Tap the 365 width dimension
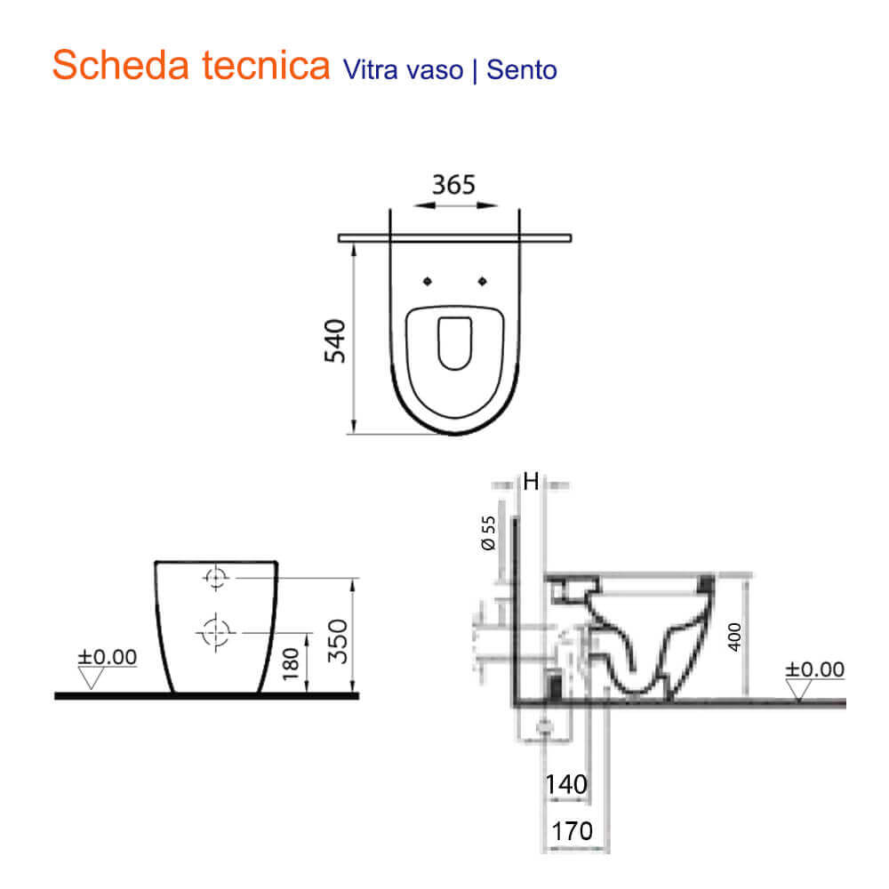(x=453, y=185)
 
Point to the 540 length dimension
(x=335, y=340)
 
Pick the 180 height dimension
(x=290, y=662)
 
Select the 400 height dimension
(x=734, y=637)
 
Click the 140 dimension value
(x=566, y=785)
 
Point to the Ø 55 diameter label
(x=488, y=532)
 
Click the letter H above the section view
(x=531, y=483)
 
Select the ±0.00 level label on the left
(x=108, y=658)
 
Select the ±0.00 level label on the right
(x=814, y=669)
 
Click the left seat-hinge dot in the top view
(x=427, y=282)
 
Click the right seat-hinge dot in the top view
(x=483, y=282)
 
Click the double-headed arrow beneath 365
(x=454, y=205)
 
